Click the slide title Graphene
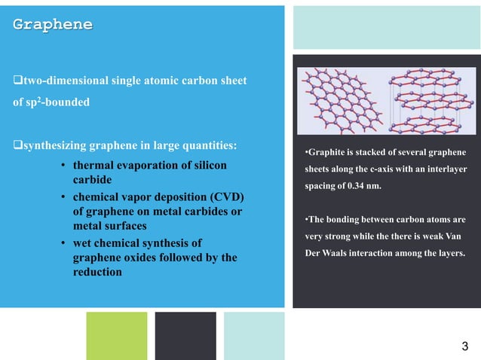53,25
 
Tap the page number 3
464,346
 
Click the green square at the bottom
117,335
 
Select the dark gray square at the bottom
185,335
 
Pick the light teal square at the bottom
254,335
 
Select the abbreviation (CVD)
235,197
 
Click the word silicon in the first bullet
202,165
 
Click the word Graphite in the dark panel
324,154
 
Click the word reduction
97,272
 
